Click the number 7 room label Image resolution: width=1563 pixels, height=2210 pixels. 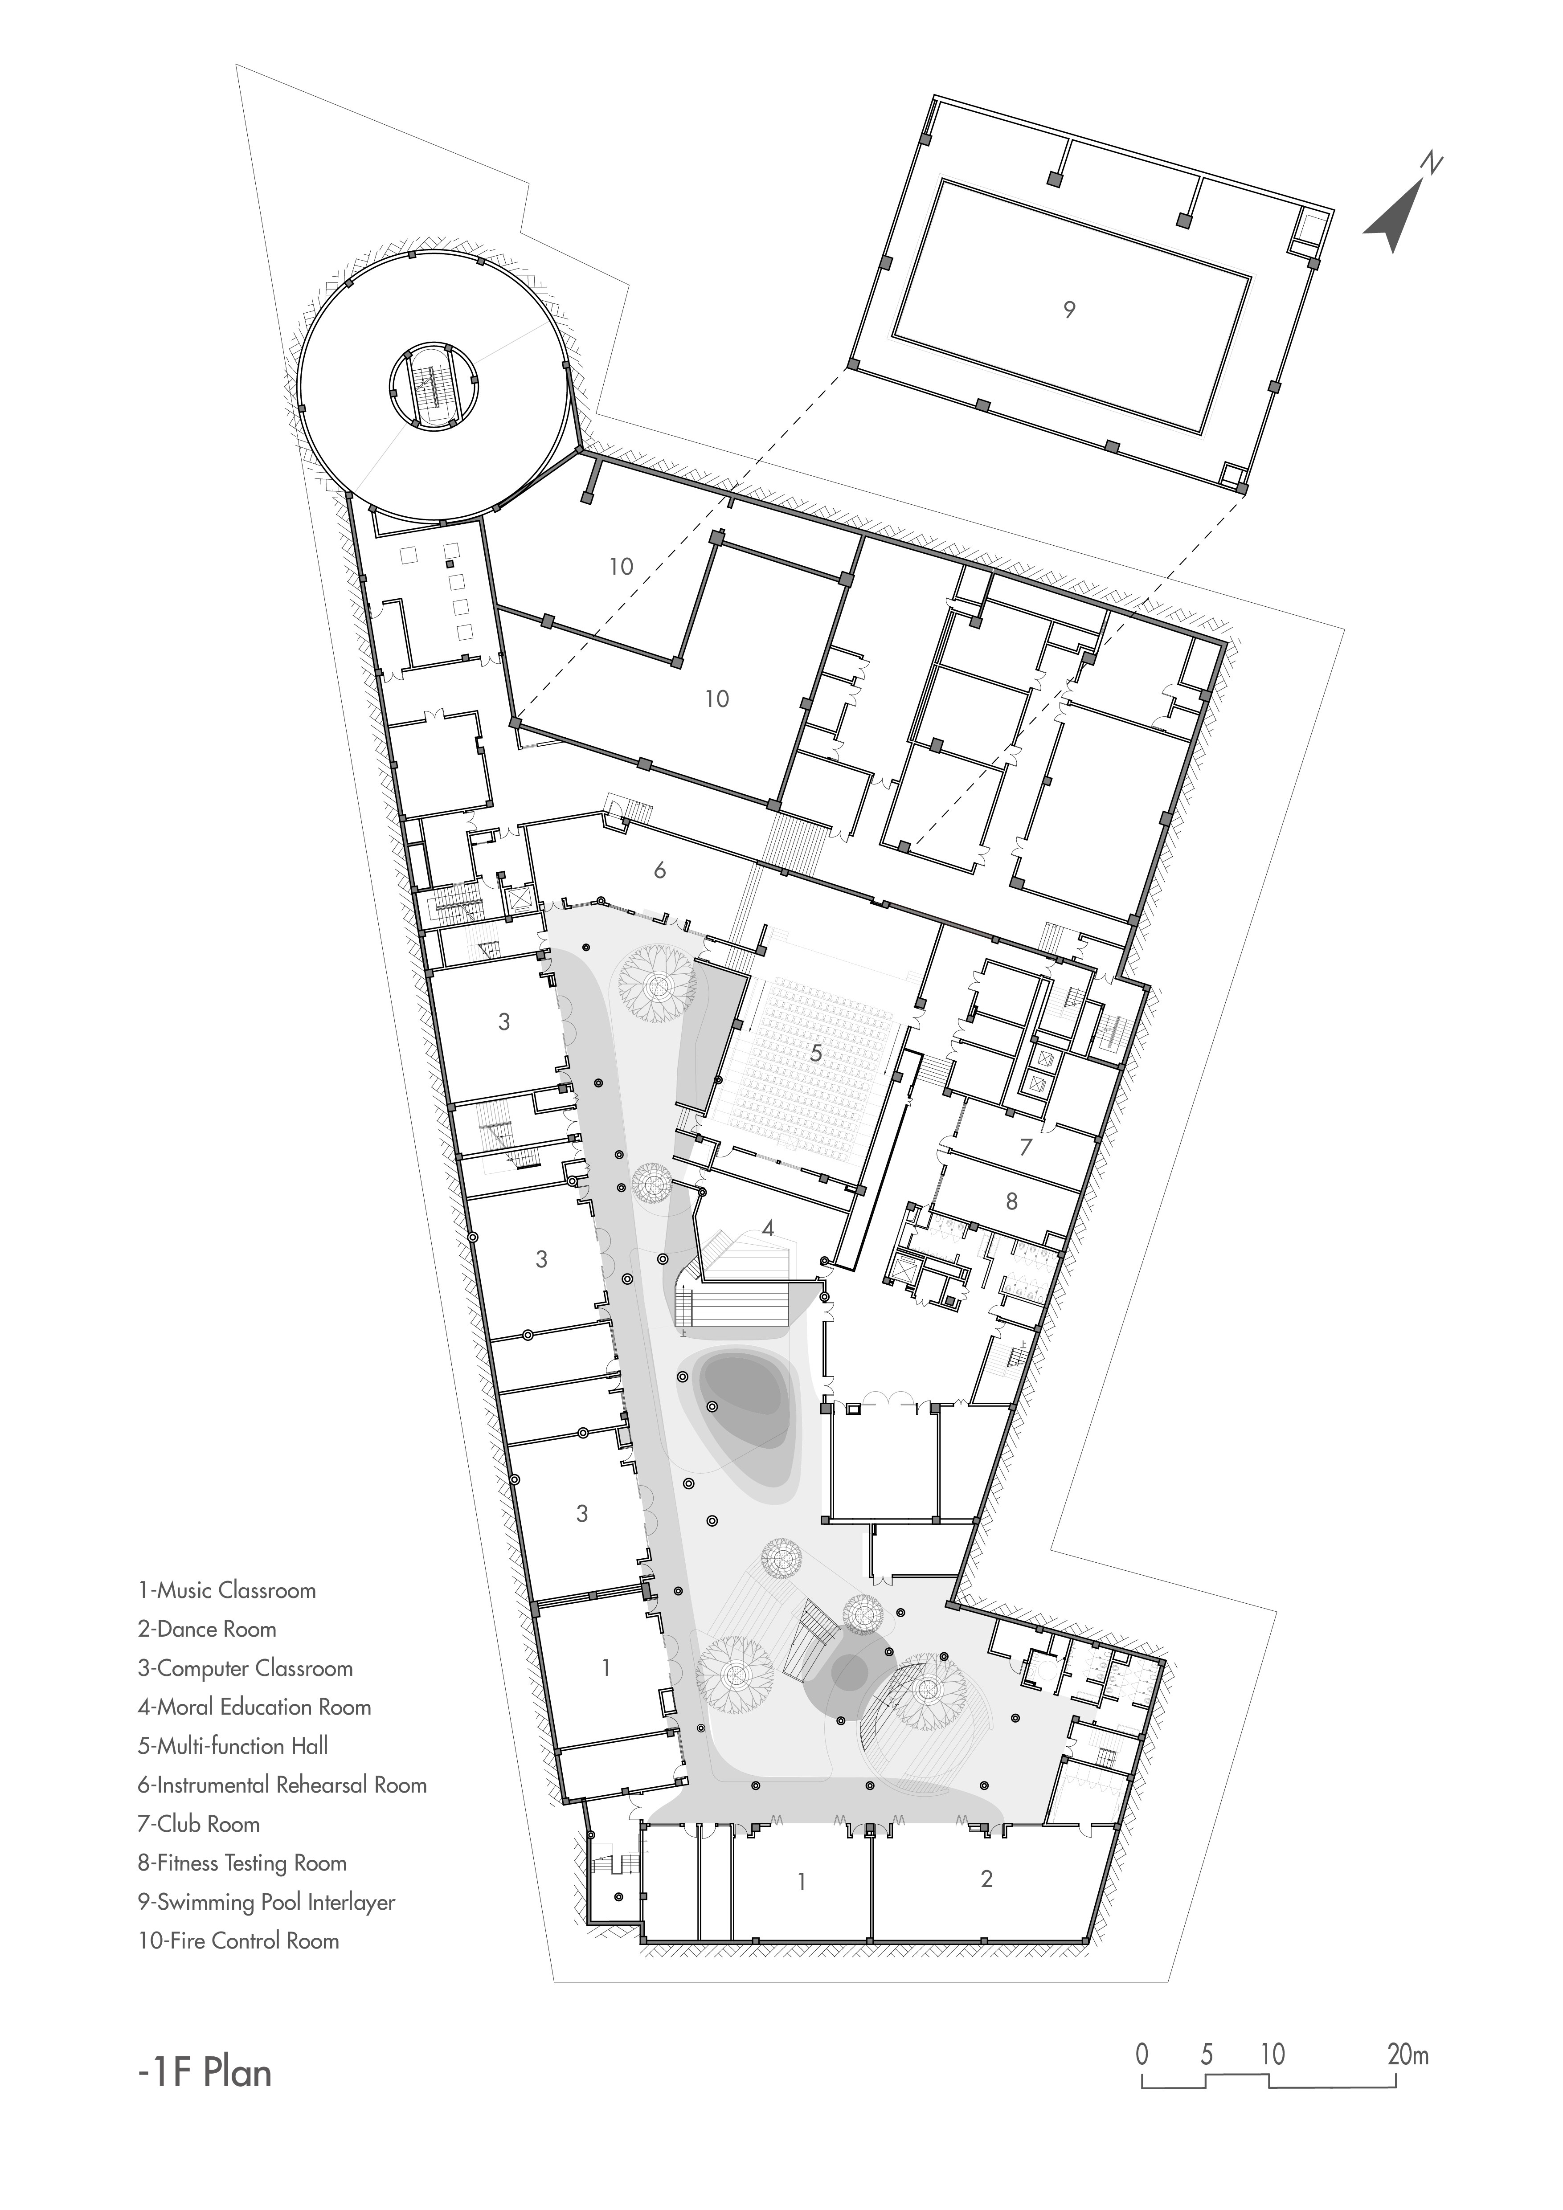pyautogui.click(x=1026, y=1146)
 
